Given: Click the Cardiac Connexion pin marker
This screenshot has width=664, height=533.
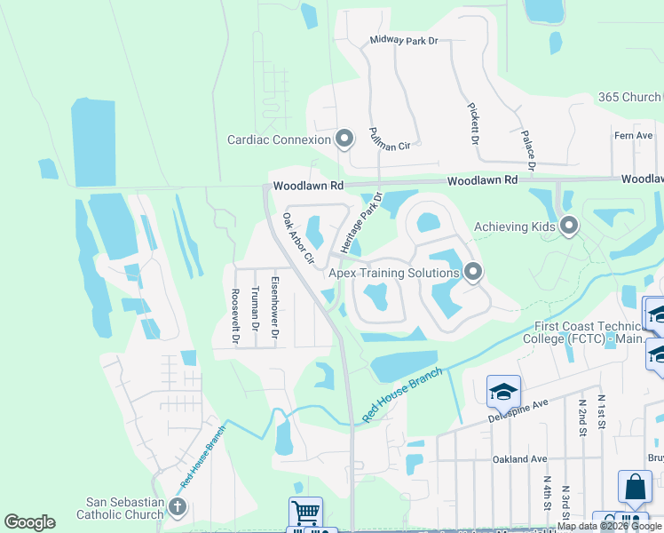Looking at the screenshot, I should pos(344,139).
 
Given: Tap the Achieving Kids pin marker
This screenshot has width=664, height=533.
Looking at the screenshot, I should pos(569,227).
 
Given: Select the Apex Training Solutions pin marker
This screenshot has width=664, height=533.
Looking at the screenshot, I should pos(473,273).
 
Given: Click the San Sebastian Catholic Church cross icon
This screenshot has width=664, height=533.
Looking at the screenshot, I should pos(178,508).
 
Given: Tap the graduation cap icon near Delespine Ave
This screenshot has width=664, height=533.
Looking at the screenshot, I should pos(503,392).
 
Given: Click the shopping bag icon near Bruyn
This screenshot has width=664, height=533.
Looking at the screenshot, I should pos(636,487).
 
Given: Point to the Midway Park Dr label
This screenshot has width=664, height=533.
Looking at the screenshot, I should pos(404,41).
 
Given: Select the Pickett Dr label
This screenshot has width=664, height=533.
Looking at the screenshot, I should pos(474,123).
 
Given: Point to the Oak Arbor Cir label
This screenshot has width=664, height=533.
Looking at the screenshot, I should pos(298,238).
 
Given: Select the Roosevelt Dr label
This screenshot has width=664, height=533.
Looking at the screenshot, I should pos(234,315).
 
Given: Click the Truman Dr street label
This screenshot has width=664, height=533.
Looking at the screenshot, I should pos(255,307).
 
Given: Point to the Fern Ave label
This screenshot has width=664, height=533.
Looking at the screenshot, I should pos(633,135).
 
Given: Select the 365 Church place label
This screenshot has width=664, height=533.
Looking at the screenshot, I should pos(629,97).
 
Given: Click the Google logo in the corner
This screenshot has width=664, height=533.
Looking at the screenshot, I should pos(29,522).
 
